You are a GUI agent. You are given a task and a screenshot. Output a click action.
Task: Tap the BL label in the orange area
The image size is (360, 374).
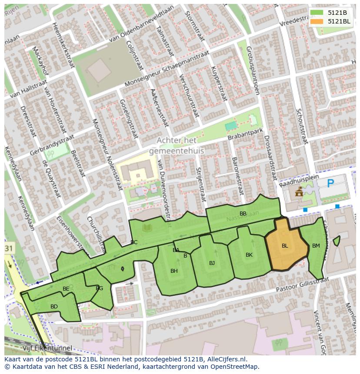285,246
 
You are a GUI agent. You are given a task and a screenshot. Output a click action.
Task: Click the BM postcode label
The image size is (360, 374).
316,246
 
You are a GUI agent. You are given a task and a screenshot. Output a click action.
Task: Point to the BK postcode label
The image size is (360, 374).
249,255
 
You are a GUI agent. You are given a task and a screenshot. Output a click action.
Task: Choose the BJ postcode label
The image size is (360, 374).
212,263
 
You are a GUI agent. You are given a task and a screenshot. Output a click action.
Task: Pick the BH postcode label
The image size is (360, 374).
174,271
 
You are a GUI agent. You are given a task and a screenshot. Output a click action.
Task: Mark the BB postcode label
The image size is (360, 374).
243,213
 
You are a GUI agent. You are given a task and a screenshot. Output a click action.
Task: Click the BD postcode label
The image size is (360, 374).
54,307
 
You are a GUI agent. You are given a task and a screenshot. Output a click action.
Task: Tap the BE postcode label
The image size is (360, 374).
66,289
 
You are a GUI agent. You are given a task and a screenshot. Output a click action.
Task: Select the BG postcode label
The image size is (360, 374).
100,288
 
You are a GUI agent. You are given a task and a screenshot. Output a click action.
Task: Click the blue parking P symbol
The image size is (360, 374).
330,183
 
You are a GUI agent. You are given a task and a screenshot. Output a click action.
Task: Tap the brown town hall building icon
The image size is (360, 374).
299,192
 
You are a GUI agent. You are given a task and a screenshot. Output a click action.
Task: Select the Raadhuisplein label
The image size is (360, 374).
300,179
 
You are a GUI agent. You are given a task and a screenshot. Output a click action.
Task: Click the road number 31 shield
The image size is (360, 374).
9,248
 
